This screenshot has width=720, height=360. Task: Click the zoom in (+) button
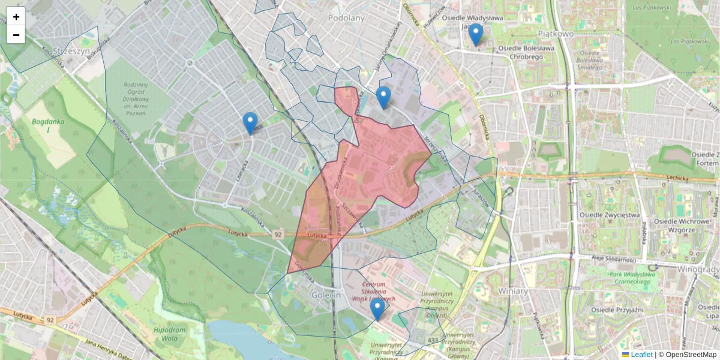16,17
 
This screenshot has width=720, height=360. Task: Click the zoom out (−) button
16,35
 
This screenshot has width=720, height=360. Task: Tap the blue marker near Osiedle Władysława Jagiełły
476,34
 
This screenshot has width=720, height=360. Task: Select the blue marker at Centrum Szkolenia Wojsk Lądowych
377,309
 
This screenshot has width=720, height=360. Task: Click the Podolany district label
346,18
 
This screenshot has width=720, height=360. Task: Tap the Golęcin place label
326,295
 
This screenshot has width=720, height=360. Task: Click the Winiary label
512,291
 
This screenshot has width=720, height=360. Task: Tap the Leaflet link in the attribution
641,355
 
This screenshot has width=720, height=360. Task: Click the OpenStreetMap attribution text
690,355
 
